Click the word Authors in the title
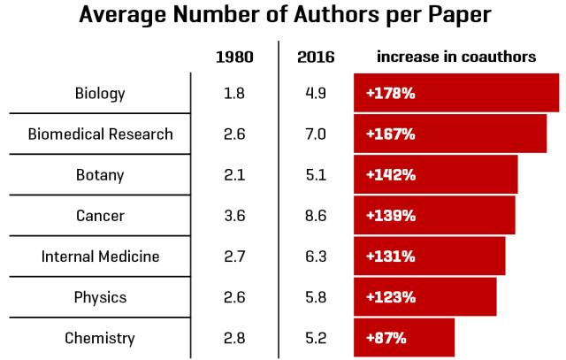point(336,14)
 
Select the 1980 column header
point(234,57)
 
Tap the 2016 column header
point(316,57)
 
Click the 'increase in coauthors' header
point(456,57)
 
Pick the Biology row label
point(100,94)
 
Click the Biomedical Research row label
point(100,134)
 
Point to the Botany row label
point(100,175)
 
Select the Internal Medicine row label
point(100,257)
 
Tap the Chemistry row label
point(100,339)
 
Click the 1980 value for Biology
point(234,93)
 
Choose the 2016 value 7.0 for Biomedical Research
point(316,134)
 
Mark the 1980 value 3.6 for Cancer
point(234,216)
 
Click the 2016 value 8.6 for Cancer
point(316,216)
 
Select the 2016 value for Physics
point(316,297)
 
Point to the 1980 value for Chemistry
point(234,338)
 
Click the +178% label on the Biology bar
point(391,93)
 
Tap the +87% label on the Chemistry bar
point(386,338)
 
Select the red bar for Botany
point(436,174)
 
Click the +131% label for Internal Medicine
point(391,257)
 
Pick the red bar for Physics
point(425,297)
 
